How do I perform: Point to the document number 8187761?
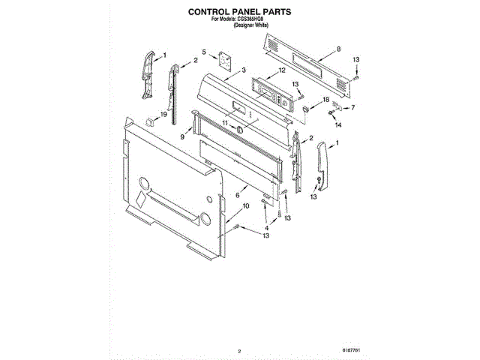[352, 350]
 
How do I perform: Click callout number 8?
[338, 49]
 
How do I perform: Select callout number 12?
[282, 70]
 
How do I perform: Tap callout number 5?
[204, 52]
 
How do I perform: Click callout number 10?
[245, 205]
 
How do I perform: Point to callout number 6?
[238, 194]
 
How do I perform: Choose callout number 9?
[182, 137]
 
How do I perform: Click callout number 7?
[352, 107]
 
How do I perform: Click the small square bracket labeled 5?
[223, 58]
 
